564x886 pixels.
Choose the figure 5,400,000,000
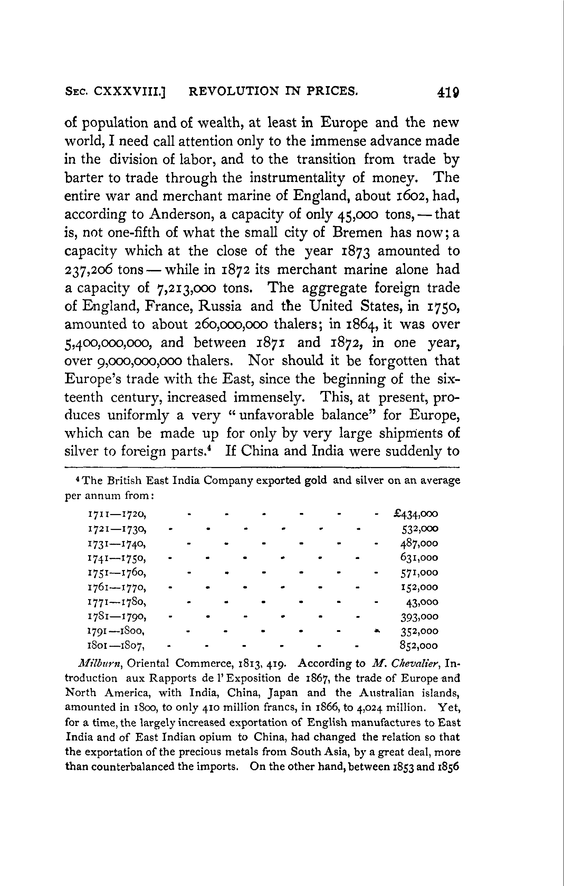click(x=107, y=343)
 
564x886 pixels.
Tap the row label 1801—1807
click(x=116, y=646)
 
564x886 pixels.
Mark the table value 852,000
click(x=419, y=646)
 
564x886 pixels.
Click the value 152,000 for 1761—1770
click(x=419, y=588)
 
